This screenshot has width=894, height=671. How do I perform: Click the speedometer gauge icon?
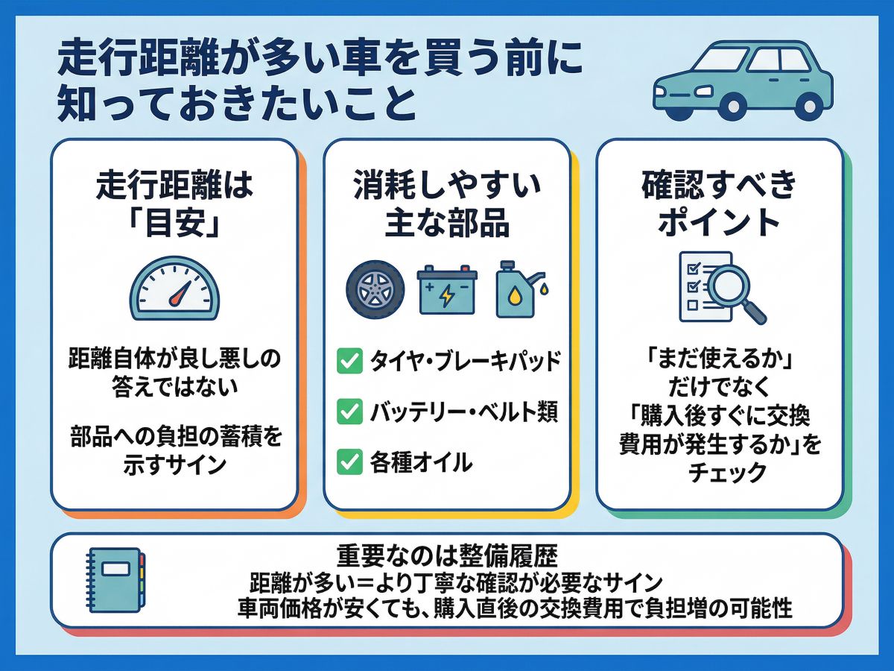point(174,289)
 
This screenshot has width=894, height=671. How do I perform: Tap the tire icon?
point(375,289)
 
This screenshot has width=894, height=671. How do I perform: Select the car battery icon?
point(447,289)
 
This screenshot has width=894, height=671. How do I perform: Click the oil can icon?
point(520,289)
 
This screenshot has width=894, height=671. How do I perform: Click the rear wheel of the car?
point(809,107)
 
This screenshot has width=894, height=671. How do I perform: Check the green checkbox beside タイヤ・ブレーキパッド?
point(349,361)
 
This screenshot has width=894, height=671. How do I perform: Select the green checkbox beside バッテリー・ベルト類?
point(349,412)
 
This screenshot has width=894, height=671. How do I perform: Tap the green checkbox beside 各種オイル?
point(349,461)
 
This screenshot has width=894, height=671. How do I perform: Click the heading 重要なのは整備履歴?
point(447,556)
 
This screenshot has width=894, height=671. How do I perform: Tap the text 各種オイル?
point(421,462)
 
